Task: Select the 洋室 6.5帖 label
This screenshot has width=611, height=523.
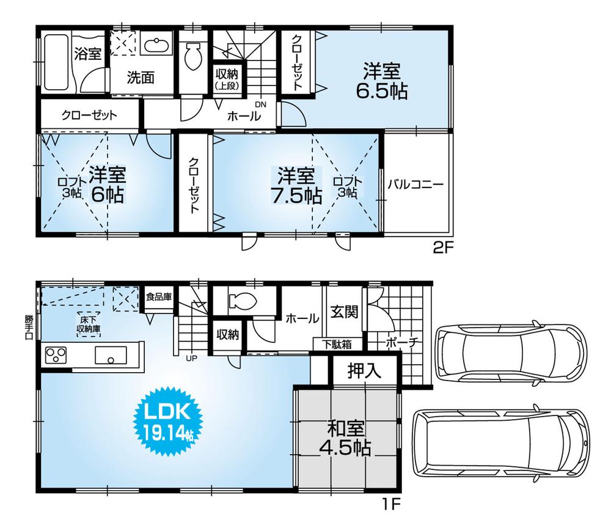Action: point(382,81)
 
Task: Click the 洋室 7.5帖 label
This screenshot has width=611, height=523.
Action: point(297,186)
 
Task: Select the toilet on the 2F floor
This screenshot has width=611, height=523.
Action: point(193,60)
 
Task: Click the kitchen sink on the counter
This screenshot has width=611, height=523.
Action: point(110,354)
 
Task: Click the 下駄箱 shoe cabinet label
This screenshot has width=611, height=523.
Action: point(337,344)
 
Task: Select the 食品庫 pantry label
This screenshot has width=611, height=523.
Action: point(158,297)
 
